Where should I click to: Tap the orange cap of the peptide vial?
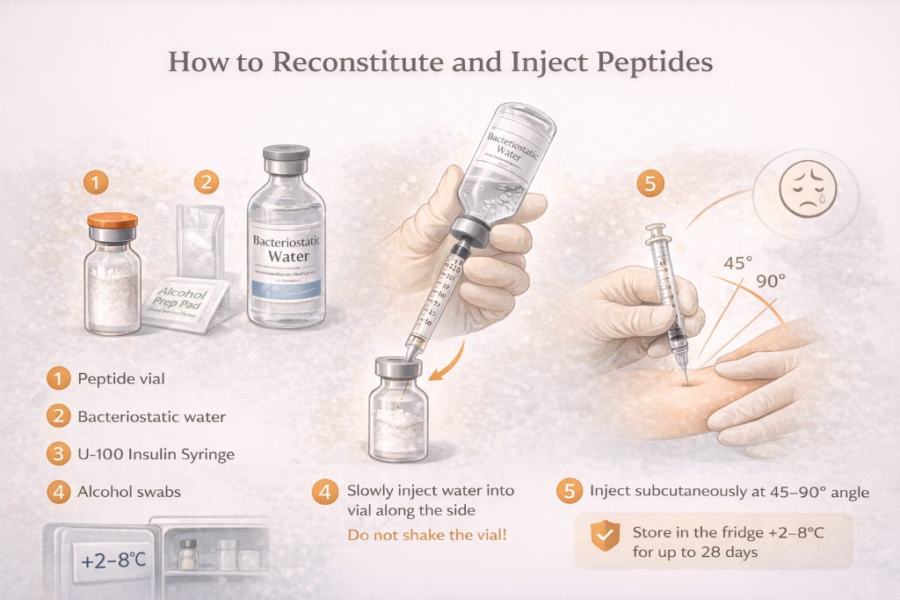coord(112,222)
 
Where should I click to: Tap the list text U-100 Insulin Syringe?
coord(156,455)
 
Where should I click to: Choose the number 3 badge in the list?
coord(58,455)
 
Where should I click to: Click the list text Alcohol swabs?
coord(129,493)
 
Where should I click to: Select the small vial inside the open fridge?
coord(187,553)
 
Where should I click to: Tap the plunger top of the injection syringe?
coord(655,231)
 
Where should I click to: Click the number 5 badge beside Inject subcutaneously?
coord(570,492)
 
